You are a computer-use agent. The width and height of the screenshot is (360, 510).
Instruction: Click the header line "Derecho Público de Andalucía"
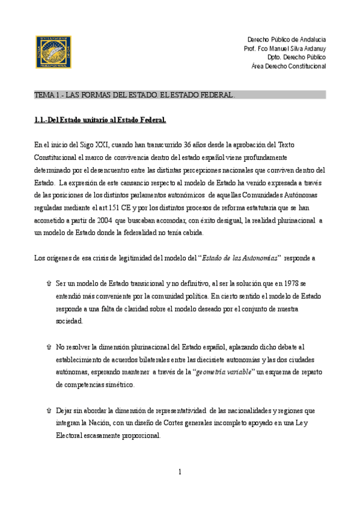point(287,39)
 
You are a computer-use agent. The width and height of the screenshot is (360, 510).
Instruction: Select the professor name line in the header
point(285,48)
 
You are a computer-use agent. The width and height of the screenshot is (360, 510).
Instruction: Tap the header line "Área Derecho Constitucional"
point(288,66)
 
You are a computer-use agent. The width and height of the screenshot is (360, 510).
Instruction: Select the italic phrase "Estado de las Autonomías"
point(240,259)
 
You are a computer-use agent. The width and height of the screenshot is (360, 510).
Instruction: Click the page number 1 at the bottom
point(180,472)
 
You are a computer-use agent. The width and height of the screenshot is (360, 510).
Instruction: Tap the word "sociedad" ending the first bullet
point(69,322)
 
